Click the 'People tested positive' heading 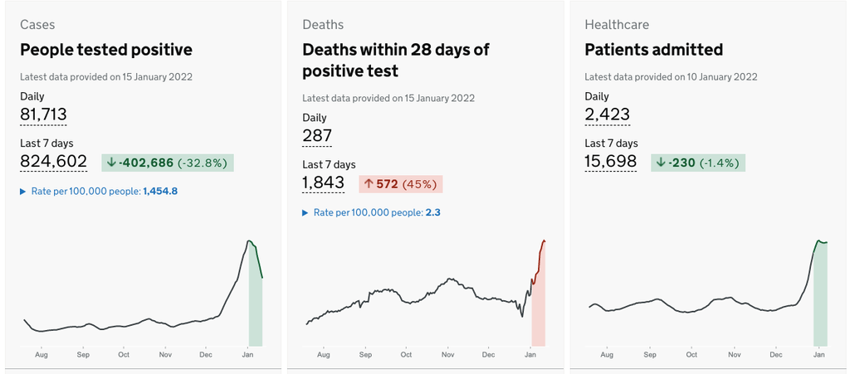pos(105,50)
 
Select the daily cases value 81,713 pos(43,114)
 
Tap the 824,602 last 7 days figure pos(53,161)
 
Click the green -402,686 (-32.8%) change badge pos(168,163)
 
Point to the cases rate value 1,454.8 pos(160,191)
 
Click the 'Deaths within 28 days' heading pos(395,60)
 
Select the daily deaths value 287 pos(317,136)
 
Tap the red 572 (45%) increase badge pos(400,184)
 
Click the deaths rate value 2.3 pos(432,212)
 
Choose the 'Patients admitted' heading pos(653,50)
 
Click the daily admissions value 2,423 pos(607,114)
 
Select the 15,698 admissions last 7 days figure pos(610,161)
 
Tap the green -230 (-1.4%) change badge pos(698,163)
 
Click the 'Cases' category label pos(37,25)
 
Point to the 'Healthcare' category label pos(617,25)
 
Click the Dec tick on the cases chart pos(205,355)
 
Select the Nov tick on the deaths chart pos(447,355)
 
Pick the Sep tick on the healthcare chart pos(649,355)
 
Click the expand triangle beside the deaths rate pos(305,213)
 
